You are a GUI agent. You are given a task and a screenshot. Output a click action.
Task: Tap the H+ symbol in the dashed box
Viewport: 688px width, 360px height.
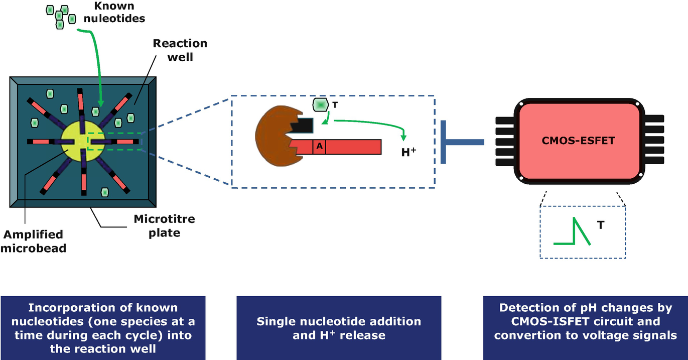click(x=409, y=152)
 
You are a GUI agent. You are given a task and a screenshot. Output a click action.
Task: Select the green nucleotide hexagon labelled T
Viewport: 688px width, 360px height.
click(x=320, y=104)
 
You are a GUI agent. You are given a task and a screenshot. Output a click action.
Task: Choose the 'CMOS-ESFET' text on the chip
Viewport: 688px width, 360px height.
click(x=579, y=141)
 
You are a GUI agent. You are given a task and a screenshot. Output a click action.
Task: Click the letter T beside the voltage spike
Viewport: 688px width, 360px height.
click(x=601, y=225)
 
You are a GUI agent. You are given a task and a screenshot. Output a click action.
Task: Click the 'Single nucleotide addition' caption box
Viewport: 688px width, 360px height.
click(x=339, y=328)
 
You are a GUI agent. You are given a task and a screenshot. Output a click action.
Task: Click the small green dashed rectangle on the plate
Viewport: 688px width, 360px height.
click(x=114, y=142)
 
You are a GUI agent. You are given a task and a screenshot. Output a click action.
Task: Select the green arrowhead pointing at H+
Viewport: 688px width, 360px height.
click(x=403, y=138)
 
